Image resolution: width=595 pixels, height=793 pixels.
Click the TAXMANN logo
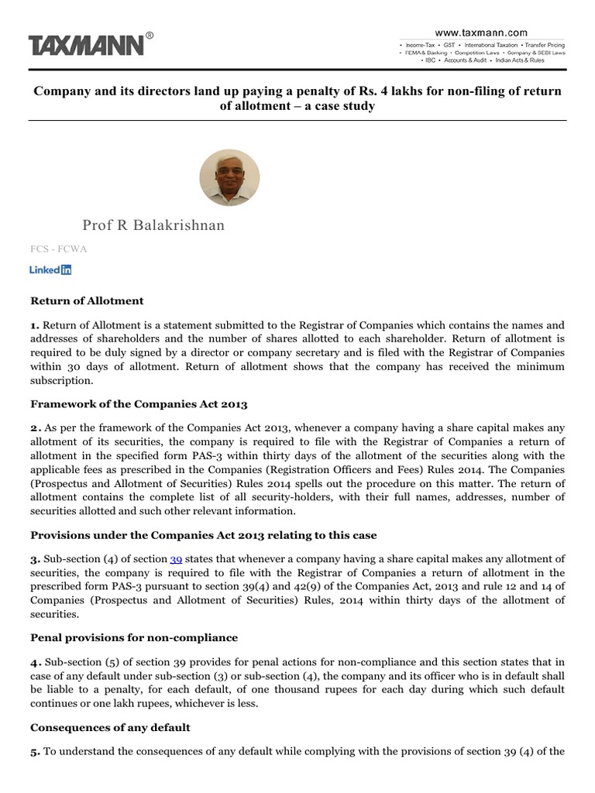click(87, 46)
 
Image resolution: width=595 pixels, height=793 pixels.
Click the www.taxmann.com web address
click(480, 33)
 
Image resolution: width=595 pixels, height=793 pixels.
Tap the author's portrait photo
click(229, 177)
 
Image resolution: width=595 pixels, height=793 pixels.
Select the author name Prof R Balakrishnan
click(153, 225)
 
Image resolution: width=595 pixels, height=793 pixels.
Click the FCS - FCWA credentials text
click(56, 250)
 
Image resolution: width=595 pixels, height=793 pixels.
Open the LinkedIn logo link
click(50, 270)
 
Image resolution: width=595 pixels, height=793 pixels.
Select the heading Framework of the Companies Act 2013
click(138, 403)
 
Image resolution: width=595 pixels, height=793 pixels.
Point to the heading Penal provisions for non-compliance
click(133, 637)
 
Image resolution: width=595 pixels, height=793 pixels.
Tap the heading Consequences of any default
click(109, 728)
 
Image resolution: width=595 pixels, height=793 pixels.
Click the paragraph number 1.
click(34, 325)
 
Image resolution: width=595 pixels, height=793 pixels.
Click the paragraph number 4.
click(34, 663)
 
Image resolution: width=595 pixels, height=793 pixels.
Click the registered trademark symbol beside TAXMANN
click(150, 35)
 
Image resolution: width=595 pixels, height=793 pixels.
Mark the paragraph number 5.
click(34, 754)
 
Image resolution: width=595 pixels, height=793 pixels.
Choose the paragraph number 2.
click(34, 429)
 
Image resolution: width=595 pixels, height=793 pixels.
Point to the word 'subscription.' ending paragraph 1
click(64, 381)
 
